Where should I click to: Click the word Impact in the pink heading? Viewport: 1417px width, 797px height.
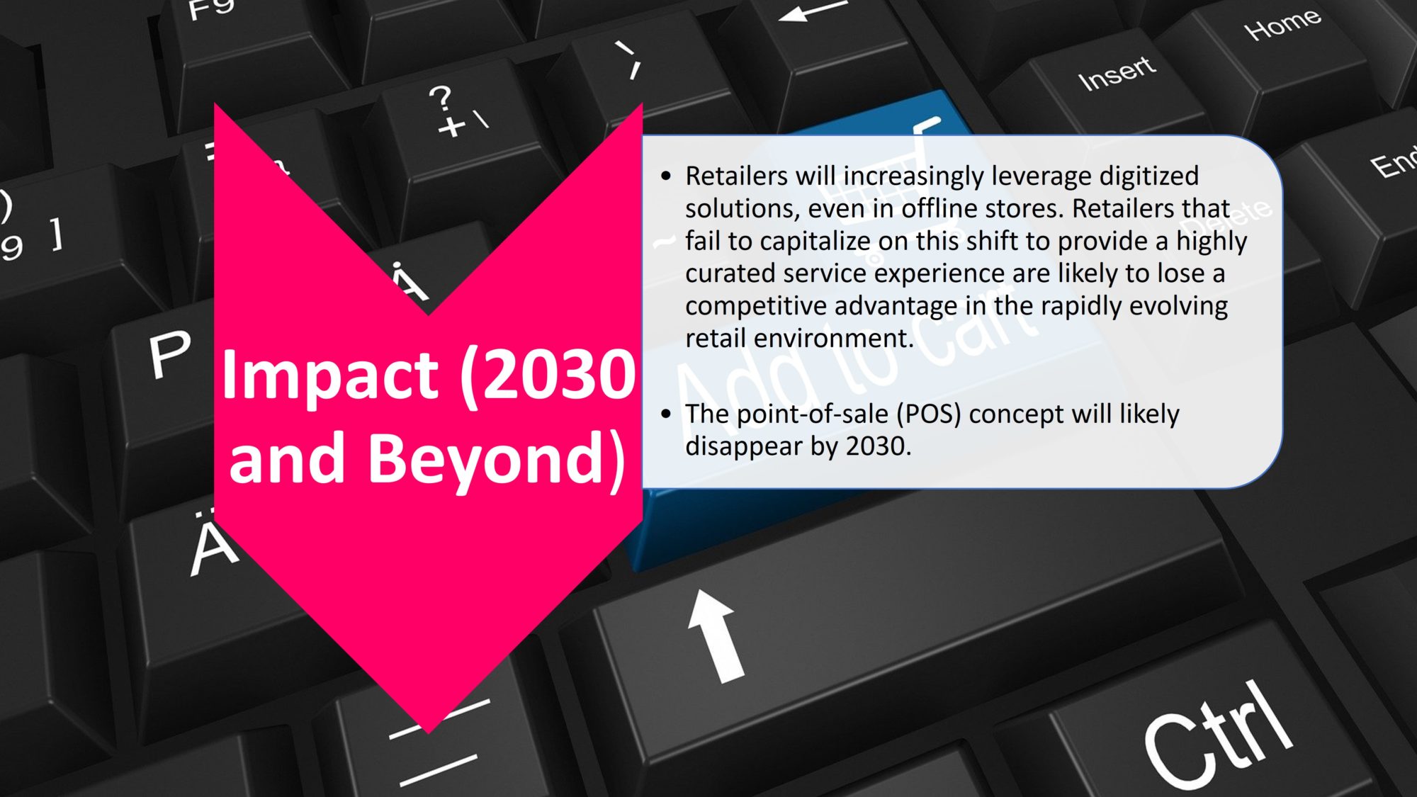[x=329, y=376]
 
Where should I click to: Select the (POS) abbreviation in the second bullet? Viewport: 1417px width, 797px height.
[x=929, y=414]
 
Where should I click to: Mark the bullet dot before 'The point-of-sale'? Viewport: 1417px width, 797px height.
[x=665, y=414]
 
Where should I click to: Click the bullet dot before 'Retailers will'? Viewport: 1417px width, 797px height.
[x=665, y=176]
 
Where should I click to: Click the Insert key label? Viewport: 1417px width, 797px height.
[x=1117, y=73]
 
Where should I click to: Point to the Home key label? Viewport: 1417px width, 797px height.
[x=1282, y=24]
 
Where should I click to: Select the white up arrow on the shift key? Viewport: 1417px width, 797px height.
[x=716, y=635]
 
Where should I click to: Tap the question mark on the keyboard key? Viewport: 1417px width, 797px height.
[x=441, y=98]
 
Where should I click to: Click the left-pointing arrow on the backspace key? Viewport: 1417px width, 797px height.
[x=813, y=10]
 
